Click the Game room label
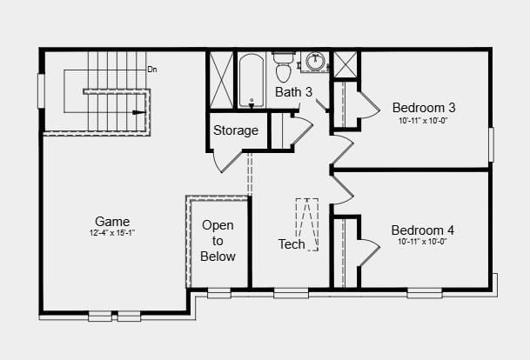click(x=112, y=222)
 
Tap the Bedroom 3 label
click(x=424, y=108)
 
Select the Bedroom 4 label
click(x=422, y=230)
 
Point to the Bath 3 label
click(x=293, y=92)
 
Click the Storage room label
click(x=236, y=130)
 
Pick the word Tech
click(x=292, y=244)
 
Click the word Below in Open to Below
click(x=218, y=257)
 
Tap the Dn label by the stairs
click(x=152, y=70)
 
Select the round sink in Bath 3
click(x=316, y=62)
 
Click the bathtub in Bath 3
click(x=252, y=80)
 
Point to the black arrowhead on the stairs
click(x=139, y=112)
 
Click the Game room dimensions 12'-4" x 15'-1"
click(x=112, y=233)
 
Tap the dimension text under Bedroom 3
click(x=423, y=121)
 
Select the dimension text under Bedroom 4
click(x=422, y=242)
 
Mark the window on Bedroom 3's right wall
click(x=492, y=144)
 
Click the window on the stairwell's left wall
click(x=41, y=90)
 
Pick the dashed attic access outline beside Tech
click(x=307, y=224)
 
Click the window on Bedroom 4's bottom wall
click(x=425, y=293)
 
